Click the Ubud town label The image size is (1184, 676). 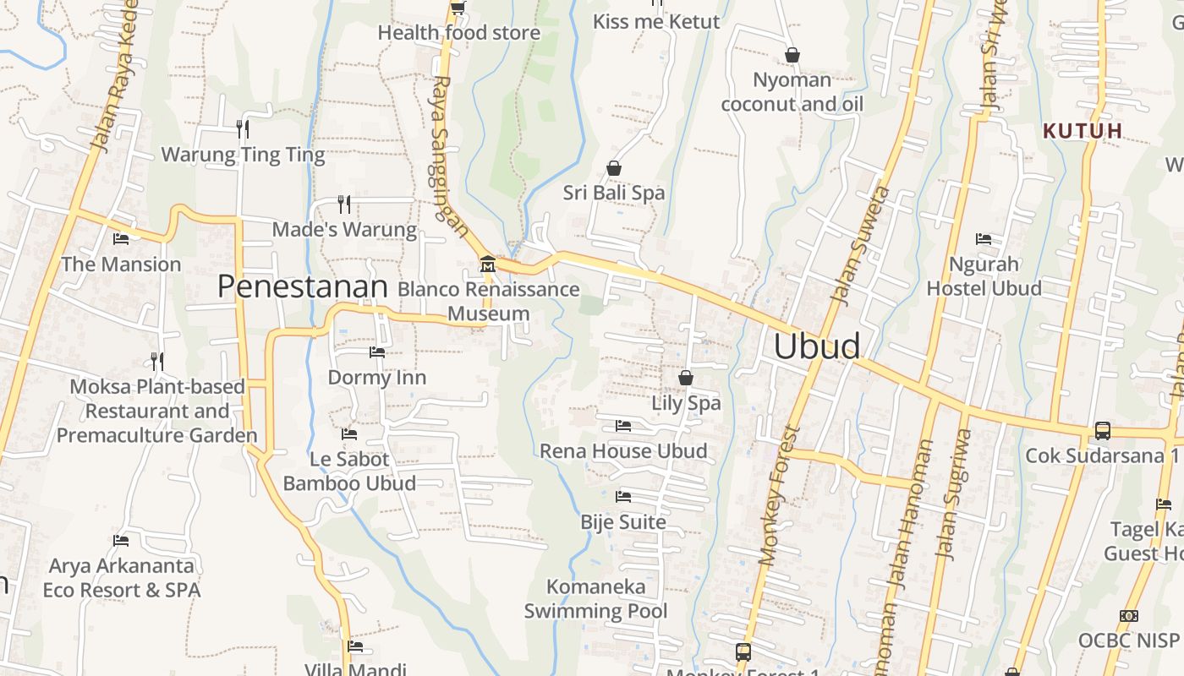817,346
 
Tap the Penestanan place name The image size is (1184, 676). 302,287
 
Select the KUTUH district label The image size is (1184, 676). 1083,131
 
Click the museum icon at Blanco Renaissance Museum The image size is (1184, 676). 487,264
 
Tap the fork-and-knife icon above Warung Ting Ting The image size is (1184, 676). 242,128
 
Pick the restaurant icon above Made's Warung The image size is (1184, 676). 343,204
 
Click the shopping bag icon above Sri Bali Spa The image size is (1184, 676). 614,168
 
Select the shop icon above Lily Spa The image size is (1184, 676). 686,378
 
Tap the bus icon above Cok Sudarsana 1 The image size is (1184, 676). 1102,430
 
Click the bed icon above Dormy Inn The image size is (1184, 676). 377,352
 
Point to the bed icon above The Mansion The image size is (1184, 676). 121,239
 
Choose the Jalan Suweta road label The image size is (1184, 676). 861,245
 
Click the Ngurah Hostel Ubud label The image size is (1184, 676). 984,276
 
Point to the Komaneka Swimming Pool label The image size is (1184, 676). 596,598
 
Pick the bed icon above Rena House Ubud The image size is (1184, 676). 623,425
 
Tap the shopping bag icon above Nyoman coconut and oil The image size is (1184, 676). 792,55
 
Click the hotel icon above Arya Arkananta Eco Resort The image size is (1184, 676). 121,540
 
